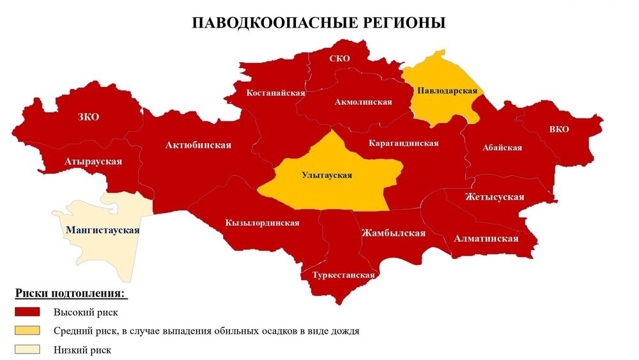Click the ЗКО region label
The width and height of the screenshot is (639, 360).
pyautogui.click(x=89, y=117)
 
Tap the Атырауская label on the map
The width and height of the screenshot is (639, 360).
pyautogui.click(x=93, y=161)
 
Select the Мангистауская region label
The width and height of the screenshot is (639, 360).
pyautogui.click(x=102, y=230)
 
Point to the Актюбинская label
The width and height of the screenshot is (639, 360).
pyautogui.click(x=198, y=145)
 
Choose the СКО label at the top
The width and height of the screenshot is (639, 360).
pyautogui.click(x=339, y=59)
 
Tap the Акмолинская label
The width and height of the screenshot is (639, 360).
pyautogui.click(x=363, y=102)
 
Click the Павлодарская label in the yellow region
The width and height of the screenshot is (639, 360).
pyautogui.click(x=447, y=91)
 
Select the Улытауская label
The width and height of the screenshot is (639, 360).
pyautogui.click(x=327, y=175)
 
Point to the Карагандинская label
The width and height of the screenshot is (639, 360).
pyautogui.click(x=403, y=143)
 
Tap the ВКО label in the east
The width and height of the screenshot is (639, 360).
pyautogui.click(x=558, y=129)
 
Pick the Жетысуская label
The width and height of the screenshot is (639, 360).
pyautogui.click(x=495, y=196)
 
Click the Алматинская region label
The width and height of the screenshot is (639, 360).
pyautogui.click(x=486, y=239)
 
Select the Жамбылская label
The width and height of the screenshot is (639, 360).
pyautogui.click(x=393, y=233)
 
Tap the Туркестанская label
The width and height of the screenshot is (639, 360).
pyautogui.click(x=343, y=275)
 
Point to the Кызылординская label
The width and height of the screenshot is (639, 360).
pyautogui.click(x=262, y=223)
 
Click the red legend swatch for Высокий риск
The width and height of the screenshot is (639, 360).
pyautogui.click(x=27, y=312)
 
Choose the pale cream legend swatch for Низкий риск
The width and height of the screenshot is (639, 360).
pyautogui.click(x=27, y=349)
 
